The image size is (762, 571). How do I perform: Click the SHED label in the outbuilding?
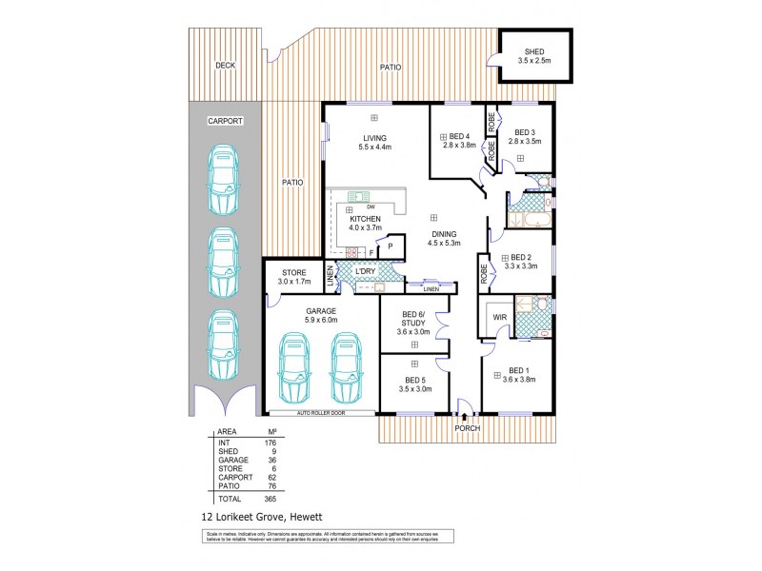tap(534, 51)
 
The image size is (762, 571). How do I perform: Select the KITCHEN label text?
tap(365, 219)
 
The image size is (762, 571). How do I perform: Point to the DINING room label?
tap(443, 234)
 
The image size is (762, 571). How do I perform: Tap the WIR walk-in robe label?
tap(498, 317)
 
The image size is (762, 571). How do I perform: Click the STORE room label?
tap(293, 273)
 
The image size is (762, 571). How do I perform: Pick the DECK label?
tap(225, 66)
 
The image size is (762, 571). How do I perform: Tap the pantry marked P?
tap(390, 246)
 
